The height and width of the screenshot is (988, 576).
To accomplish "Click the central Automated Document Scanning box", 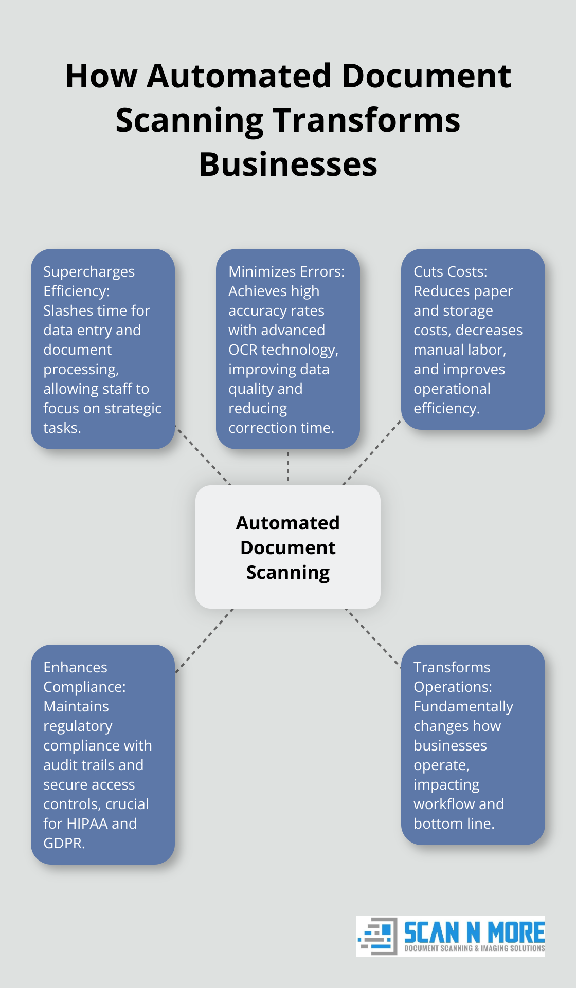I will point(288,547).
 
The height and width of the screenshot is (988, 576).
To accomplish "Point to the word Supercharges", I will point(89,271).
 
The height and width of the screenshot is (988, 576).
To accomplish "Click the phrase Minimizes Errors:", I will point(286,271).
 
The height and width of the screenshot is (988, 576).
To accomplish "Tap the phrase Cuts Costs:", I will point(450,271).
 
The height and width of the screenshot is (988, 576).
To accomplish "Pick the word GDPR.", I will point(64,843).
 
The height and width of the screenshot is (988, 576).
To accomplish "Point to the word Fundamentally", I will point(463,706).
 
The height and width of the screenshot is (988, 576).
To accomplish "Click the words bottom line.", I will point(454,824).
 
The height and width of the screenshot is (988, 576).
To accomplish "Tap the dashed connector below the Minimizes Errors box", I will point(288,467).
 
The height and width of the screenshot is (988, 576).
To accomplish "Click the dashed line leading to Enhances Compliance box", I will point(205,641).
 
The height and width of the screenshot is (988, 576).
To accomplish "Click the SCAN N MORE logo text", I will point(474,931).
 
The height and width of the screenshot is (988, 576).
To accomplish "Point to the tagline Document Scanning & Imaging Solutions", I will point(474,948).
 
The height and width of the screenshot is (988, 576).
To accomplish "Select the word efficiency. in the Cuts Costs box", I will point(446,408).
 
